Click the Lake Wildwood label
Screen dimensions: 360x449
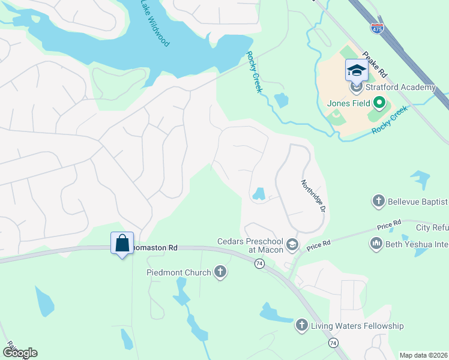click(x=155, y=23)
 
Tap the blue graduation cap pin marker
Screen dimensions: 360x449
click(x=356, y=70)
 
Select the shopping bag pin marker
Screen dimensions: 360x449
click(x=122, y=244)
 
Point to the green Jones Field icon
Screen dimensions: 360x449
click(x=378, y=103)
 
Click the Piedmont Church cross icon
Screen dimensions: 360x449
click(x=220, y=272)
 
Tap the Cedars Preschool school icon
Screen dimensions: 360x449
click(x=292, y=244)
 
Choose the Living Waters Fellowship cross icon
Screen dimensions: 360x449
click(x=302, y=326)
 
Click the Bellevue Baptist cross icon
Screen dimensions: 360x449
click(x=378, y=201)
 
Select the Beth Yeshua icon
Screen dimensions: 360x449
click(x=376, y=243)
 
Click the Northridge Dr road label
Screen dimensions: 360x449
click(x=313, y=196)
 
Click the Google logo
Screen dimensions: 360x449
click(x=19, y=353)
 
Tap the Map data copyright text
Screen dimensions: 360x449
click(x=423, y=355)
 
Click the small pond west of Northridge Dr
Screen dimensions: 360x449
click(x=259, y=194)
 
